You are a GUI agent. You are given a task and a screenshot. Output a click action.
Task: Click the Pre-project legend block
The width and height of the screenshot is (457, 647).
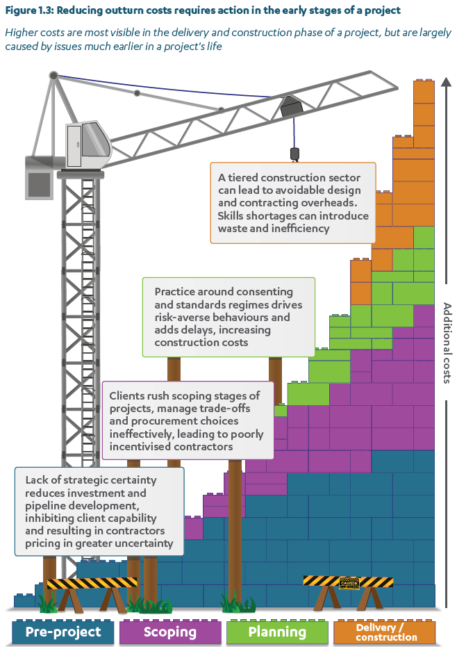click(x=63, y=632)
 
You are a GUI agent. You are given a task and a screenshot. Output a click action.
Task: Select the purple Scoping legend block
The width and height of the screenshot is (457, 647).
click(x=170, y=632)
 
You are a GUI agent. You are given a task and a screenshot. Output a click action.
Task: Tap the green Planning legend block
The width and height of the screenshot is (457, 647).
click(x=277, y=632)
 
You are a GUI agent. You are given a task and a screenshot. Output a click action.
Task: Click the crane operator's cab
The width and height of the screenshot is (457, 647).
click(x=89, y=144)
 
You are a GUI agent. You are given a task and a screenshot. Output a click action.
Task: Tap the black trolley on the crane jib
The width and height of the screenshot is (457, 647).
click(x=291, y=107)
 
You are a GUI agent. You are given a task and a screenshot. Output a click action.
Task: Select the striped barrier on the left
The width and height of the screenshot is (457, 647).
click(x=92, y=584)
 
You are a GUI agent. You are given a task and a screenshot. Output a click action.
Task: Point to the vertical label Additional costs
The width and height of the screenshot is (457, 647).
click(x=447, y=343)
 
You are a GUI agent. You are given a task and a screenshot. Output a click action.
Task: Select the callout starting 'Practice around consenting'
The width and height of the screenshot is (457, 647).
click(x=228, y=317)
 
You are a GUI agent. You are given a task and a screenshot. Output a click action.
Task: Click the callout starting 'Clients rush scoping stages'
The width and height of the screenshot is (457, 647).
click(x=188, y=420)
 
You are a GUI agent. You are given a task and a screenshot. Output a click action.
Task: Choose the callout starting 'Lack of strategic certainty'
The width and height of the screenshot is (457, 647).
click(x=99, y=511)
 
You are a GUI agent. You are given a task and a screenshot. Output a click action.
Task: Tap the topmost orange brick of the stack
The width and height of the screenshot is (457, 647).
click(x=424, y=91)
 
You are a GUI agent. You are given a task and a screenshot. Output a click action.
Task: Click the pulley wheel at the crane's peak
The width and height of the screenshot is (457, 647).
click(x=53, y=75)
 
